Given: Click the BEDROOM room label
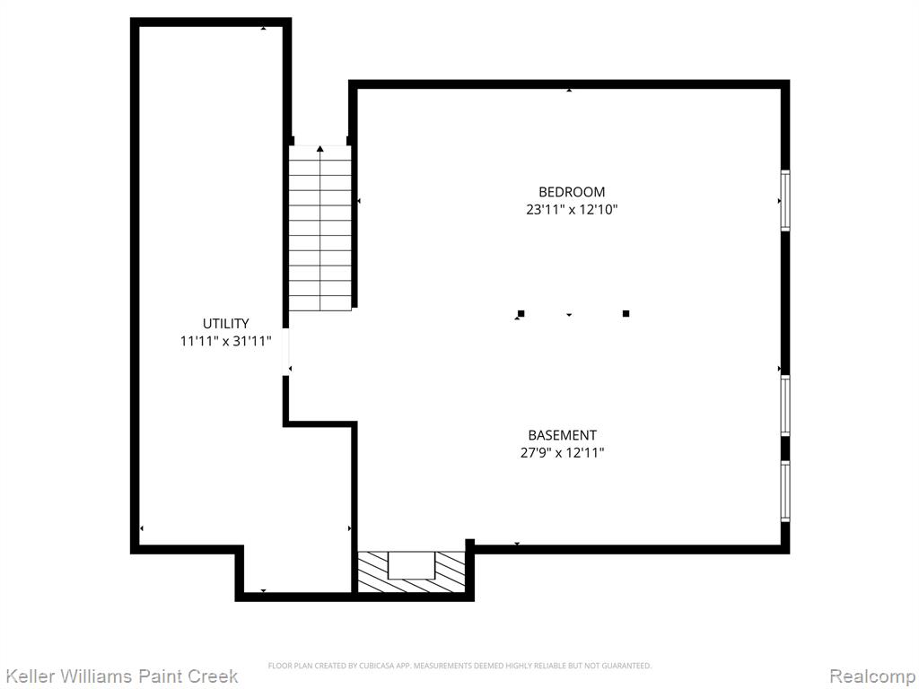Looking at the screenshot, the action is click(572, 192).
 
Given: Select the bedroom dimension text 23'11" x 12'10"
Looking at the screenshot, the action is click(572, 210).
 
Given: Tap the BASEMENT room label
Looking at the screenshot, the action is click(562, 435).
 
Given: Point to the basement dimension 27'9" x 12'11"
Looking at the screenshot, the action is click(562, 453).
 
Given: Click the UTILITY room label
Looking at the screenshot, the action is click(225, 323).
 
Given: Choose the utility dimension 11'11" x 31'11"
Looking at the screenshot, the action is click(225, 341).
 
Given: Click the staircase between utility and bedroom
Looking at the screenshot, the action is click(320, 228).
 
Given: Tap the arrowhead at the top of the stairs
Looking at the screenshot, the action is click(320, 149).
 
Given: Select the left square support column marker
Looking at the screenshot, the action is click(521, 313).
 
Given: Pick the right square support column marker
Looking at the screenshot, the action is click(626, 313).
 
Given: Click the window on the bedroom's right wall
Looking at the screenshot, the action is click(785, 200).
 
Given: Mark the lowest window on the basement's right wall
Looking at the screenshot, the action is click(785, 491).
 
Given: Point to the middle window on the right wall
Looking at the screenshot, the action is click(785, 406).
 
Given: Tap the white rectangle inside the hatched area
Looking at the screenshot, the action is click(411, 565).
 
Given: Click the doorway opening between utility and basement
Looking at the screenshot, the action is click(286, 352).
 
